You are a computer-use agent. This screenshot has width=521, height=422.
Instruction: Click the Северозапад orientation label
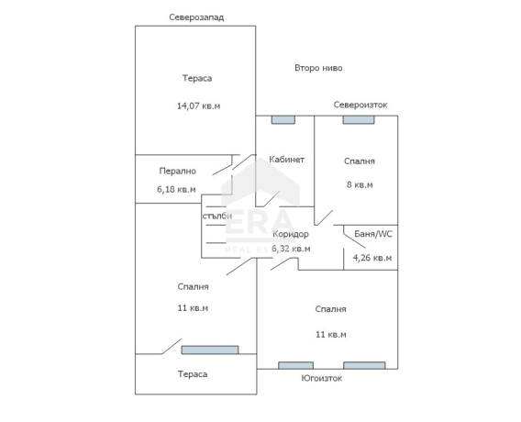click(x=196, y=17)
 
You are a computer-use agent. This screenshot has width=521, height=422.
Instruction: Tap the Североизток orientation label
click(x=360, y=105)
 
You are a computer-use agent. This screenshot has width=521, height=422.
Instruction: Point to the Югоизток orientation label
click(x=322, y=379)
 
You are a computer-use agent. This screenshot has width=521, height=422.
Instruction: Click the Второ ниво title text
click(x=318, y=68)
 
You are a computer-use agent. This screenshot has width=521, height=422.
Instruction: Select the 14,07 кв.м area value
click(x=198, y=106)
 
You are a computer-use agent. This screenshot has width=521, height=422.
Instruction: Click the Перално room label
click(x=177, y=172)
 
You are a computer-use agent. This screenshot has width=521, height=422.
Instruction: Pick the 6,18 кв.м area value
click(x=176, y=190)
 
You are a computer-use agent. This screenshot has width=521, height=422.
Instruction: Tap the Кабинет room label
click(x=286, y=160)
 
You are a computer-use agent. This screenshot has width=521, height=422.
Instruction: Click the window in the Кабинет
click(x=283, y=120)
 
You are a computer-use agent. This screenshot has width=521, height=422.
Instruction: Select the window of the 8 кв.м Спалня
click(x=359, y=120)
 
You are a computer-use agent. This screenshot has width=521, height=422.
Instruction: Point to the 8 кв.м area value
click(x=360, y=184)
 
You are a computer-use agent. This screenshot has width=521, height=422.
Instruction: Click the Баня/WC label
click(x=373, y=234)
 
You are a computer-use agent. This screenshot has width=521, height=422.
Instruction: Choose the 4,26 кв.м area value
click(x=372, y=258)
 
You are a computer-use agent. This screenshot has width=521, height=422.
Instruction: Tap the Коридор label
click(x=291, y=234)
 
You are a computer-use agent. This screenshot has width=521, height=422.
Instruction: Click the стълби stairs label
click(x=217, y=216)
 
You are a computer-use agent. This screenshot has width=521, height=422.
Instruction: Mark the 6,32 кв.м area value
click(x=291, y=249)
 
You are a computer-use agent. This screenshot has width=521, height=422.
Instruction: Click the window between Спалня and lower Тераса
click(x=210, y=350)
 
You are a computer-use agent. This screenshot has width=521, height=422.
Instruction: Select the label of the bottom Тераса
click(x=193, y=374)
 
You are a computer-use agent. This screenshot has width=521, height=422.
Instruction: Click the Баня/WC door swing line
click(x=355, y=241)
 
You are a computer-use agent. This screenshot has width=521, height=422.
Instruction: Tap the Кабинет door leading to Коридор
click(x=272, y=199)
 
